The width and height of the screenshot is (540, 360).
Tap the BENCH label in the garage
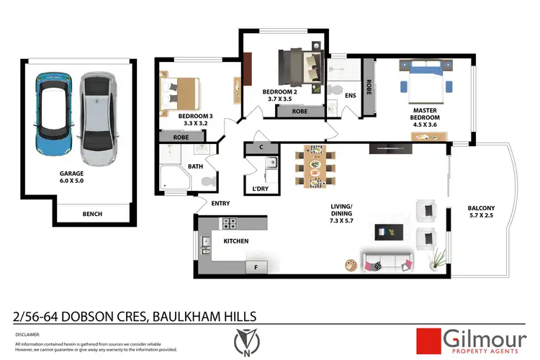[92, 214]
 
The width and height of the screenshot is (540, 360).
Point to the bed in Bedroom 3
[179, 91]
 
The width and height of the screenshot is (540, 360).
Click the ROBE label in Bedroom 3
[181, 137]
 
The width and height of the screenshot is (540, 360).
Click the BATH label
[195, 166]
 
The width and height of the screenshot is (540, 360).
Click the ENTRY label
[220, 203]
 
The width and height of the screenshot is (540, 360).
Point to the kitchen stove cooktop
[230, 223]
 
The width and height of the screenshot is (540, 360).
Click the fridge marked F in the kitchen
[252, 268]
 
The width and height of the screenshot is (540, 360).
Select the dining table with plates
[315, 167]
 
